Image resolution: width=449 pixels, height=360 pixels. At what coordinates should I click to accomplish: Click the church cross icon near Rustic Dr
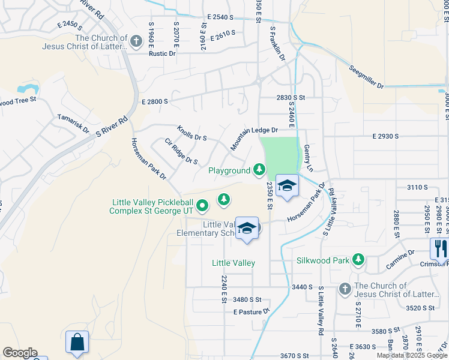136,41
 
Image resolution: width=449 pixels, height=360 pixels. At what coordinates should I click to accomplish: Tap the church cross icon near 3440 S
345,289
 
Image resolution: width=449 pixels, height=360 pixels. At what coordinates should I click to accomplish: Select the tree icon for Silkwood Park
358,259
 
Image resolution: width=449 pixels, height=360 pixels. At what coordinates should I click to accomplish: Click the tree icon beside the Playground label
259,170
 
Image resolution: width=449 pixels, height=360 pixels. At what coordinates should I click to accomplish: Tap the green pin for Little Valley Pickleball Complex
203,206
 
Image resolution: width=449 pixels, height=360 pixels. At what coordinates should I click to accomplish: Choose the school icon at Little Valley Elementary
247,228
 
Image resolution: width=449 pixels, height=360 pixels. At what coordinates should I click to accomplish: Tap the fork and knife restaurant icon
440,248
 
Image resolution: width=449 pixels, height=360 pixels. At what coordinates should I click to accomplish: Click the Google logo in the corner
20,353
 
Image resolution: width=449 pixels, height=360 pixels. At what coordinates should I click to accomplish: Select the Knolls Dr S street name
191,133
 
